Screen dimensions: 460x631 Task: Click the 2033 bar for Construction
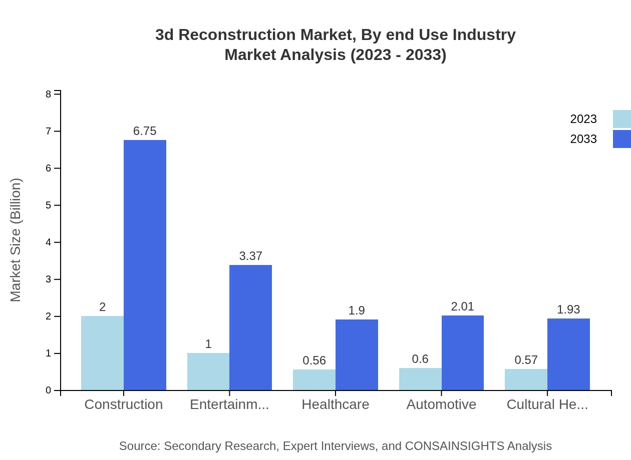pyautogui.click(x=145, y=265)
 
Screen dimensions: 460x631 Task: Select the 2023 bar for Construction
pyautogui.click(x=102, y=353)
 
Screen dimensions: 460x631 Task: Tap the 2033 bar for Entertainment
pyautogui.click(x=250, y=327)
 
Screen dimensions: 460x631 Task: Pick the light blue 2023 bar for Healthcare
pyautogui.click(x=314, y=380)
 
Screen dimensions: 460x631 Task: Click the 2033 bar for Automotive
pyautogui.click(x=462, y=353)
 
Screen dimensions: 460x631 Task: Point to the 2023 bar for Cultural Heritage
pyautogui.click(x=526, y=380)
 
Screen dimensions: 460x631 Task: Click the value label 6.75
pyautogui.click(x=145, y=131)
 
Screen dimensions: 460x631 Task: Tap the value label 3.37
pyautogui.click(x=250, y=256)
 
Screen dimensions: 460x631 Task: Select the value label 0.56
pyautogui.click(x=314, y=360)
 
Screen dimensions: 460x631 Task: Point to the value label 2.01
pyautogui.click(x=462, y=306)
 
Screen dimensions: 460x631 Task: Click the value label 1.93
pyautogui.click(x=568, y=309)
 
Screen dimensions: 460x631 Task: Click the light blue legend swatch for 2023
pyautogui.click(x=621, y=119)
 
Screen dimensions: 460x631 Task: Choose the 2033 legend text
pyautogui.click(x=583, y=139)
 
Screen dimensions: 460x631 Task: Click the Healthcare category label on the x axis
pyautogui.click(x=335, y=404)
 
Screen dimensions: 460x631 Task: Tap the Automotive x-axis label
pyautogui.click(x=441, y=404)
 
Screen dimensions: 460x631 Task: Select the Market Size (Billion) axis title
pyautogui.click(x=16, y=240)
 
